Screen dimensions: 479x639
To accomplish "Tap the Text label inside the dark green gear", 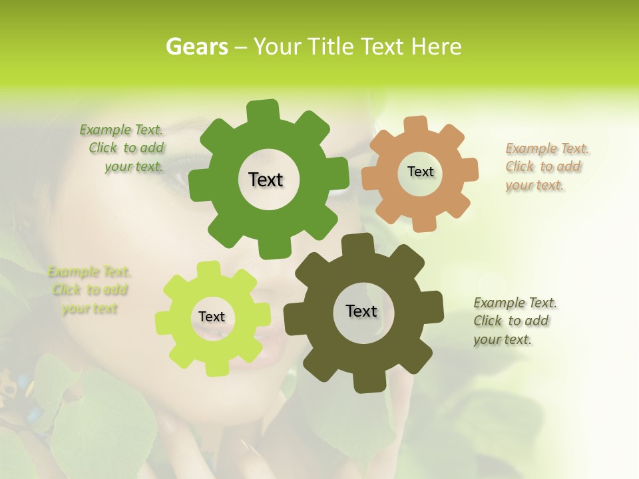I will click(266, 180).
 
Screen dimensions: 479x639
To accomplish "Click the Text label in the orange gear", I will click(420, 172).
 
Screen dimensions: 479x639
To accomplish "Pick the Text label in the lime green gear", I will click(212, 317).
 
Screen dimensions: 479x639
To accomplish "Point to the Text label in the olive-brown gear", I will click(361, 311).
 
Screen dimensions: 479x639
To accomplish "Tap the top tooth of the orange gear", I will click(416, 125).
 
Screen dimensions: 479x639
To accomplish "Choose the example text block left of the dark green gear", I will click(124, 148).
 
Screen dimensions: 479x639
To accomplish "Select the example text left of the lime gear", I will click(89, 290).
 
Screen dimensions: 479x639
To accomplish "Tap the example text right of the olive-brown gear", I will click(514, 321).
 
